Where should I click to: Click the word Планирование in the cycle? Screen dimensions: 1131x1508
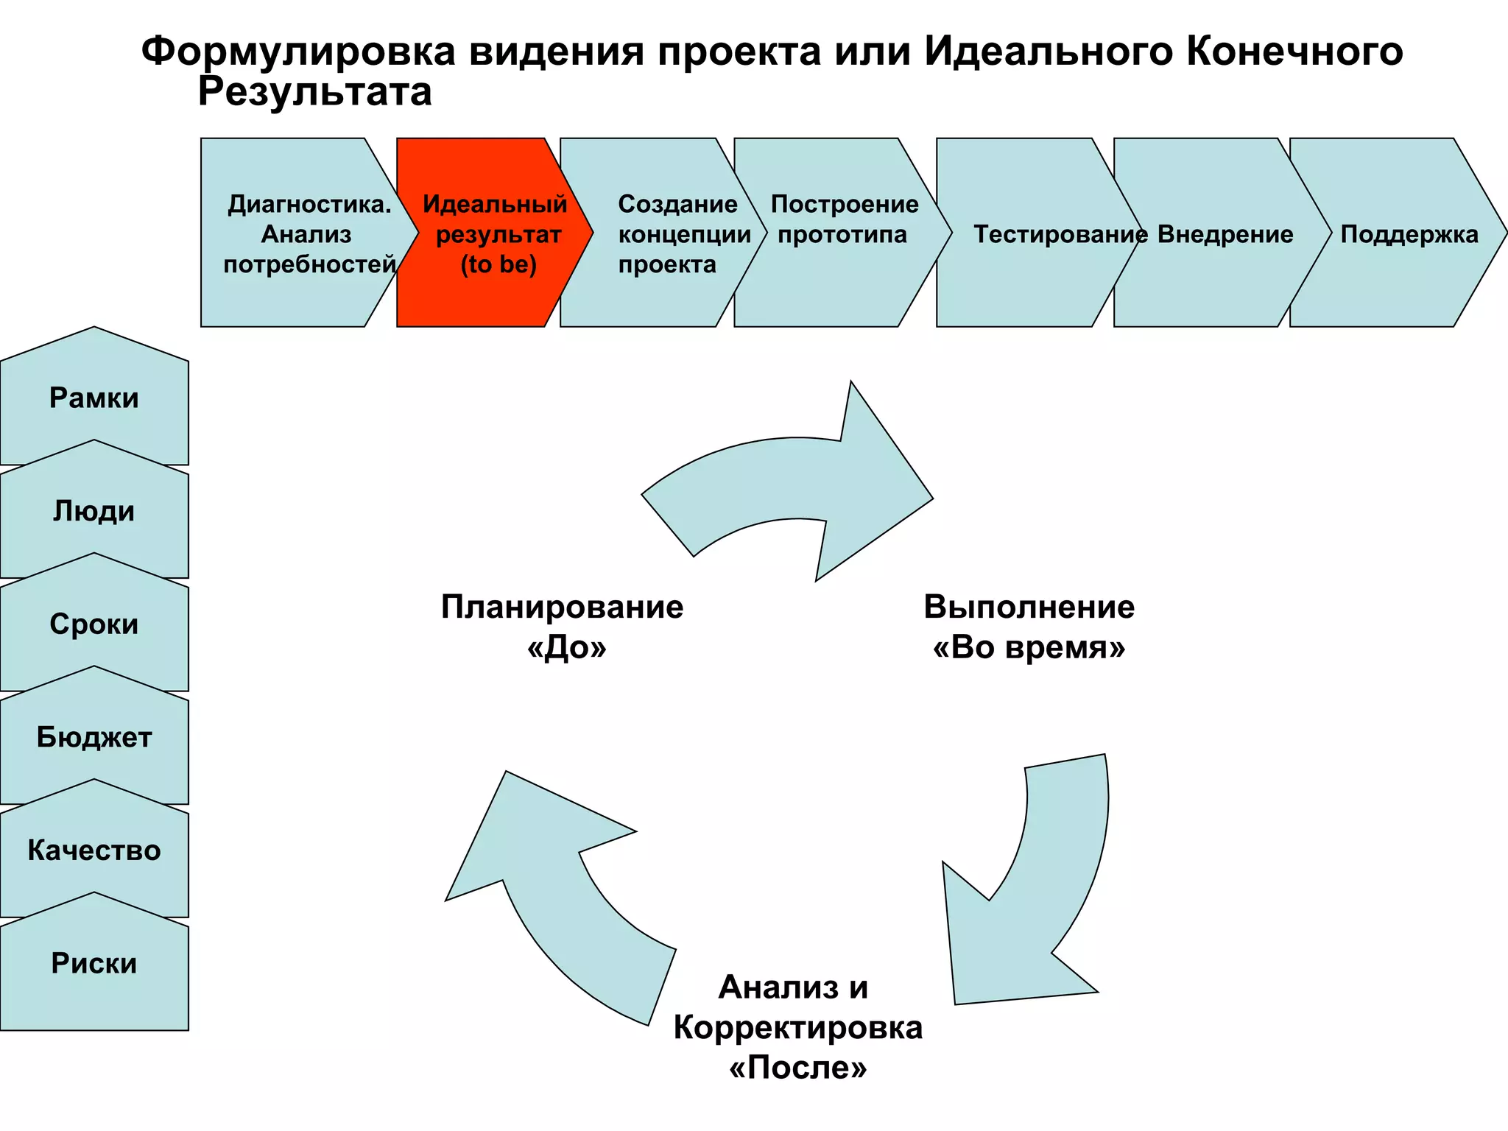pyautogui.click(x=562, y=607)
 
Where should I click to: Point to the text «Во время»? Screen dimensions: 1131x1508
pyautogui.click(x=1029, y=647)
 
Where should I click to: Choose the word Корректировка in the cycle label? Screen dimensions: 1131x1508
pyautogui.click(x=797, y=1027)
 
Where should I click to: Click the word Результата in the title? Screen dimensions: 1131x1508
pyautogui.click(x=314, y=93)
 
